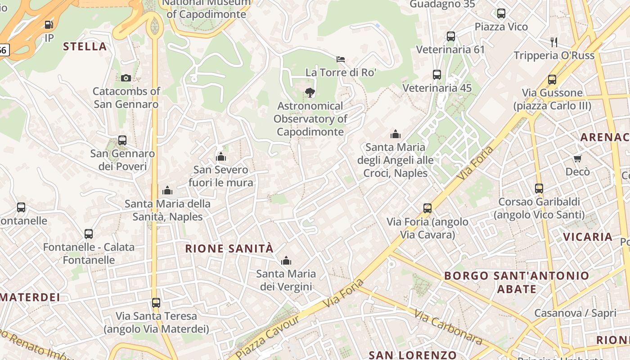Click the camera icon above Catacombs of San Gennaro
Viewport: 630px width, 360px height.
point(126,78)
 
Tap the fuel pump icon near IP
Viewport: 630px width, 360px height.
point(49,25)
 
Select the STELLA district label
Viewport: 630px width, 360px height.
point(85,46)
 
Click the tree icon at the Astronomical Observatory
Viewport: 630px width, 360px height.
point(310,93)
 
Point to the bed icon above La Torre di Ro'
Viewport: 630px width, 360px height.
point(341,59)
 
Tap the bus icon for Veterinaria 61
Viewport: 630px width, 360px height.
point(450,36)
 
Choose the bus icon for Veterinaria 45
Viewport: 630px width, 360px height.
point(436,75)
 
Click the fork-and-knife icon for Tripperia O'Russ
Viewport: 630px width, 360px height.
point(554,42)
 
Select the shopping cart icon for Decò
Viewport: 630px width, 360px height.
point(577,158)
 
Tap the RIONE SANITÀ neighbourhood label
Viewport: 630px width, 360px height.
point(229,248)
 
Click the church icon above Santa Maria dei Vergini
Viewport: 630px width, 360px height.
point(286,261)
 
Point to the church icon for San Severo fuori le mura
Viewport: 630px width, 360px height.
point(220,157)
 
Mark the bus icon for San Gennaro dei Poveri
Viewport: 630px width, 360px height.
point(122,140)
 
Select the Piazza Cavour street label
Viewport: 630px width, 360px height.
point(267,337)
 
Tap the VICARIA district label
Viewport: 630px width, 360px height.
point(588,237)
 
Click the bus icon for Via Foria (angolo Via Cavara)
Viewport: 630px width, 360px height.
point(427,208)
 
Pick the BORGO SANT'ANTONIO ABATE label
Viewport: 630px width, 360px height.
point(517,282)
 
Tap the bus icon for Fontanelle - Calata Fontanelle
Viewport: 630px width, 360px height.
point(89,234)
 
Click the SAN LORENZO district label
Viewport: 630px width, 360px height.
point(413,355)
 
